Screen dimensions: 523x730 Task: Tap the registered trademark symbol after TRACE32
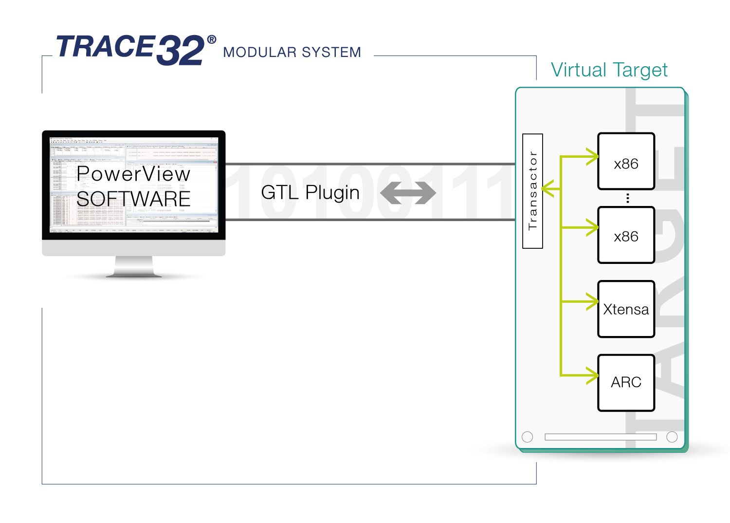pos(211,40)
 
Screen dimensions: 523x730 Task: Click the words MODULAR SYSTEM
pos(292,52)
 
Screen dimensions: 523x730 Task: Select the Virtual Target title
pos(609,70)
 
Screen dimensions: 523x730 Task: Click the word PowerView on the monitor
pos(133,174)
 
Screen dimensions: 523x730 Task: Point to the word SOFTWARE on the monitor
pos(133,199)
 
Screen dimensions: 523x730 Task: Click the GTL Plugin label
pos(310,192)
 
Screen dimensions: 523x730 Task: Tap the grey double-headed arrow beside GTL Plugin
pos(408,193)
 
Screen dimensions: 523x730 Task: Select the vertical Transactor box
pos(532,191)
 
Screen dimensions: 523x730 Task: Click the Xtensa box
pos(626,309)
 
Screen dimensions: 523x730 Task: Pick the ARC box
pos(626,382)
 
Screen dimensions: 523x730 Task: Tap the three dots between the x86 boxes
pos(628,198)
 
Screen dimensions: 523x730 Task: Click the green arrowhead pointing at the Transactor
pos(547,188)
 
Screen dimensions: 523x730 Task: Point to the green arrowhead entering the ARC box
pos(593,375)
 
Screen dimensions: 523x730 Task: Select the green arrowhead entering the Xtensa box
pos(593,301)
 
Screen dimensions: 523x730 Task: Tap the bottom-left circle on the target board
pos(527,437)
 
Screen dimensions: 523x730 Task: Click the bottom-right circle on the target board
pos(672,437)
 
